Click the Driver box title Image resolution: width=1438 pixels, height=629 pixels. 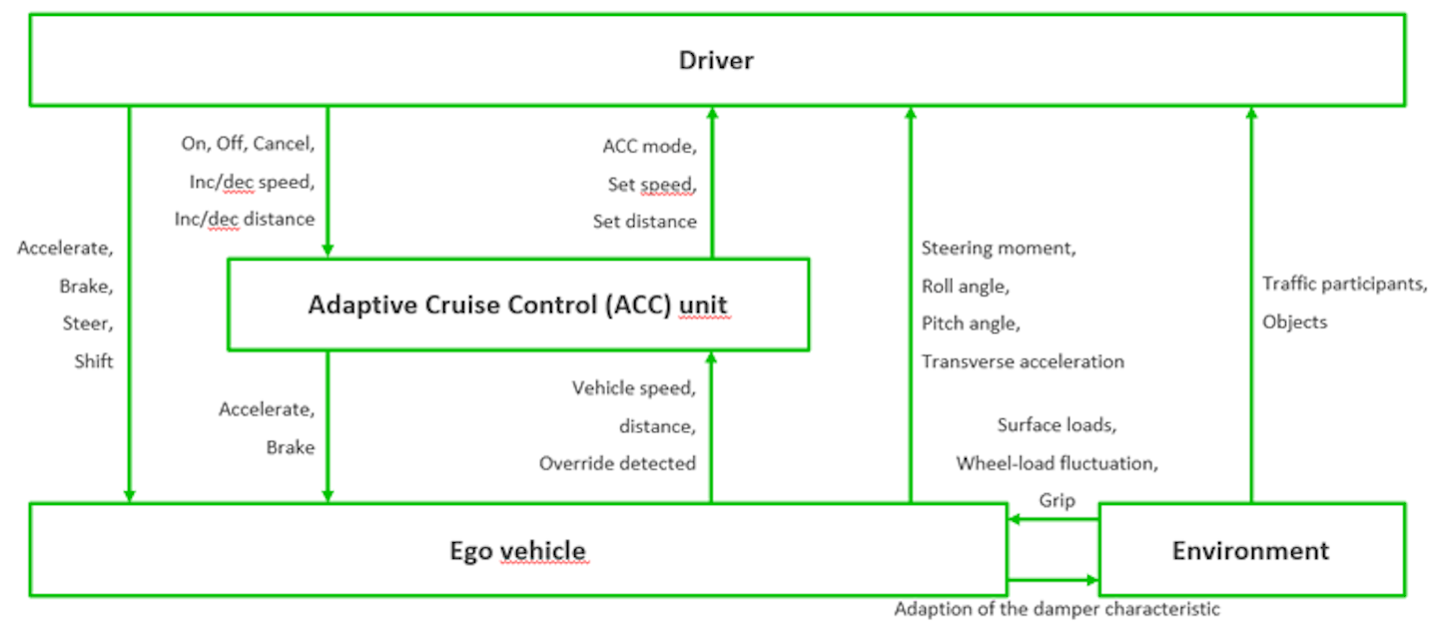pyautogui.click(x=716, y=61)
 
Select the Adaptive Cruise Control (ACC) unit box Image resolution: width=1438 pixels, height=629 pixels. pyautogui.click(x=518, y=305)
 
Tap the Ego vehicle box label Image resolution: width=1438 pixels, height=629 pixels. pyautogui.click(x=517, y=550)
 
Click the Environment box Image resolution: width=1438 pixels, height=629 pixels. pyautogui.click(x=1250, y=550)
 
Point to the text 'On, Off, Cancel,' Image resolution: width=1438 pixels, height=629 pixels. pyautogui.click(x=248, y=144)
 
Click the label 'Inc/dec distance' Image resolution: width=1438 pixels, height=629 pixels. pyautogui.click(x=245, y=219)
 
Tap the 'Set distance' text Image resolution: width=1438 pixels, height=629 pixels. pyautogui.click(x=644, y=222)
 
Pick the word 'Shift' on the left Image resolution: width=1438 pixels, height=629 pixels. pyautogui.click(x=93, y=361)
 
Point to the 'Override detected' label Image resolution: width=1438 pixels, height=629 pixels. pyautogui.click(x=617, y=463)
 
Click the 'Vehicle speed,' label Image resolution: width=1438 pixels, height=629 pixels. pyautogui.click(x=633, y=387)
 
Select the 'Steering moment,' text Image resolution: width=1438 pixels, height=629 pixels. pyautogui.click(x=998, y=248)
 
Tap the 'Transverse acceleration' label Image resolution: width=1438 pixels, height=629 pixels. pyautogui.click(x=1023, y=361)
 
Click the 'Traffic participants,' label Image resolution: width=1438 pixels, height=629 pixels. pyautogui.click(x=1344, y=284)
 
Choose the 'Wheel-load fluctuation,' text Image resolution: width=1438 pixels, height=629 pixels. pyautogui.click(x=1057, y=463)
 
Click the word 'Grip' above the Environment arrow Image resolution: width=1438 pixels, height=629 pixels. pyautogui.click(x=1057, y=500)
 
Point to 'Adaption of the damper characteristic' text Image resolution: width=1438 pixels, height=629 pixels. pyautogui.click(x=1057, y=608)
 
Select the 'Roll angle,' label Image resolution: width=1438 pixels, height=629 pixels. pyautogui.click(x=965, y=286)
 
